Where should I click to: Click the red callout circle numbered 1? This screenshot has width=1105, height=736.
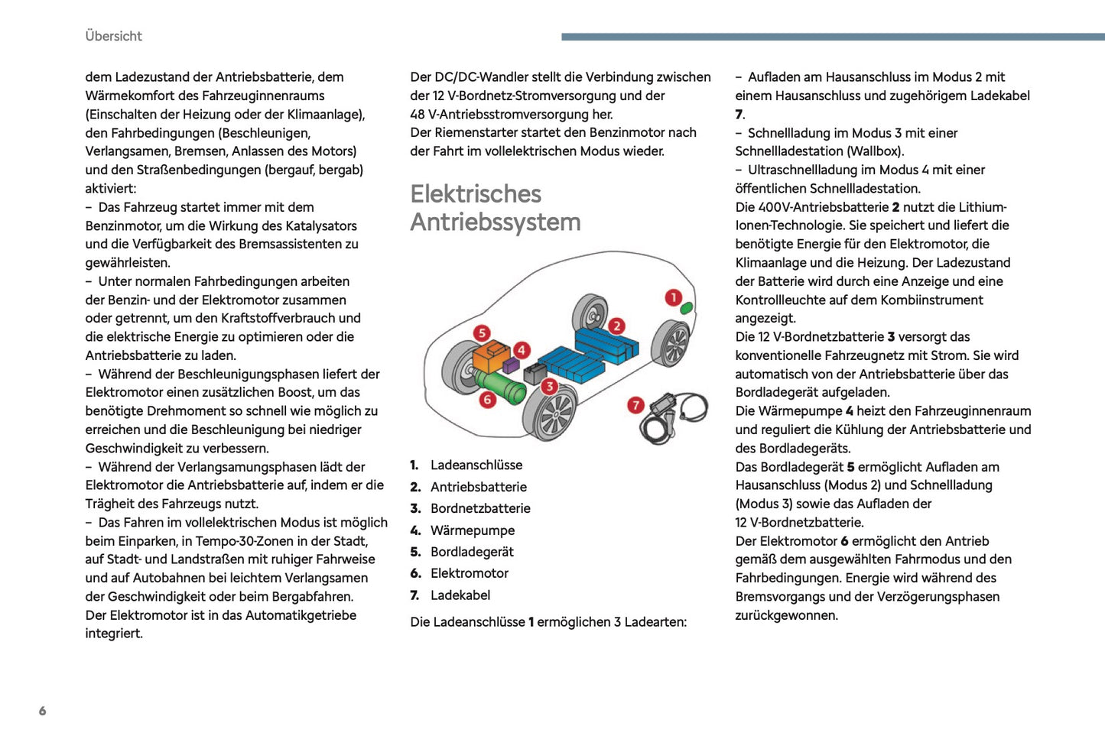(x=673, y=297)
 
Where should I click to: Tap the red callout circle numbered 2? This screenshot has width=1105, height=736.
(x=616, y=326)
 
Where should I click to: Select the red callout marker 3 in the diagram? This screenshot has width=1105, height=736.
(x=549, y=386)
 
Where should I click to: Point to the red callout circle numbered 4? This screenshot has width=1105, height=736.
(x=522, y=350)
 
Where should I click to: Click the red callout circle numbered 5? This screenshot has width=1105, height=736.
(x=481, y=332)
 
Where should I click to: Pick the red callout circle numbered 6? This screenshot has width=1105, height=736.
(x=487, y=399)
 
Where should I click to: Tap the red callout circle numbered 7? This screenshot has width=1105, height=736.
(x=635, y=405)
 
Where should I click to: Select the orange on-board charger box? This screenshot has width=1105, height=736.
(x=490, y=357)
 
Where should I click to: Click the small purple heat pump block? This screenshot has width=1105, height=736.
(x=511, y=365)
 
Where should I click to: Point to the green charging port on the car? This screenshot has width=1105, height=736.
(x=687, y=308)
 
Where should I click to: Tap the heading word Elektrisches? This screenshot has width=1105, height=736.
(x=476, y=194)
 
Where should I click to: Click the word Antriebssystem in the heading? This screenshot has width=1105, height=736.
(x=496, y=222)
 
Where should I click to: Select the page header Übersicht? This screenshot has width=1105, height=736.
(x=113, y=36)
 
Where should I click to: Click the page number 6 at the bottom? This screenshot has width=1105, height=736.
(x=42, y=711)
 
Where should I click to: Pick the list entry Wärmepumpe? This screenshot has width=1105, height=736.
(x=473, y=530)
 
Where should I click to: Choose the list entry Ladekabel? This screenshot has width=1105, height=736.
(x=460, y=595)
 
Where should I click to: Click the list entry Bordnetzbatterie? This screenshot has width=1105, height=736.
(x=480, y=508)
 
